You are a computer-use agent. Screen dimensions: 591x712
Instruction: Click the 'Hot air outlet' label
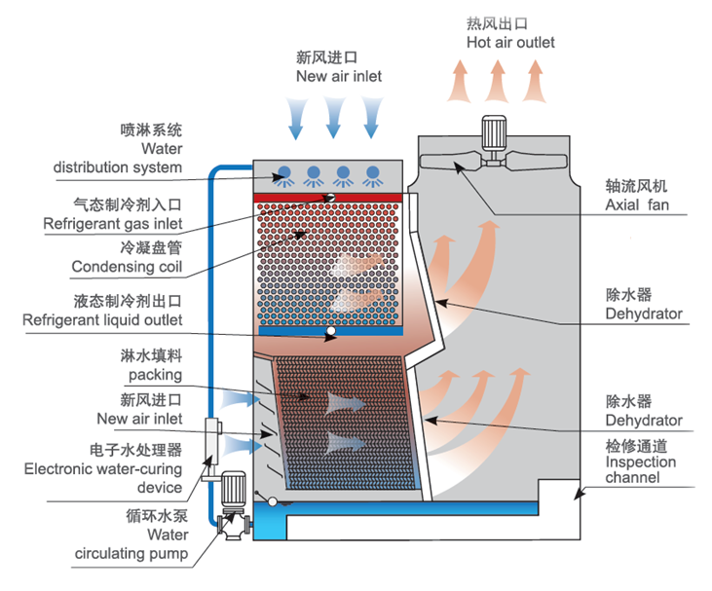(510, 43)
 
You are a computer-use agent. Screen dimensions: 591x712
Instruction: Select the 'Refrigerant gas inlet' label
(113, 224)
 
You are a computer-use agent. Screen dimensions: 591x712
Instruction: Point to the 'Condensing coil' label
(127, 267)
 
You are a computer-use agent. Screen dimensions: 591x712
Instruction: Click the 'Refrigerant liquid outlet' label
(102, 319)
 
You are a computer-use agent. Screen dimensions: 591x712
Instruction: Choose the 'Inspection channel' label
(640, 469)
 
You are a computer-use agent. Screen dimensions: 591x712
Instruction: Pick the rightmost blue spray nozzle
(372, 174)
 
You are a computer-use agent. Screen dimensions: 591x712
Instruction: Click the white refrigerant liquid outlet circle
(332, 332)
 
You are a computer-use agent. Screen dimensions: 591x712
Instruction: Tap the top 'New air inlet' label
(339, 76)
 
